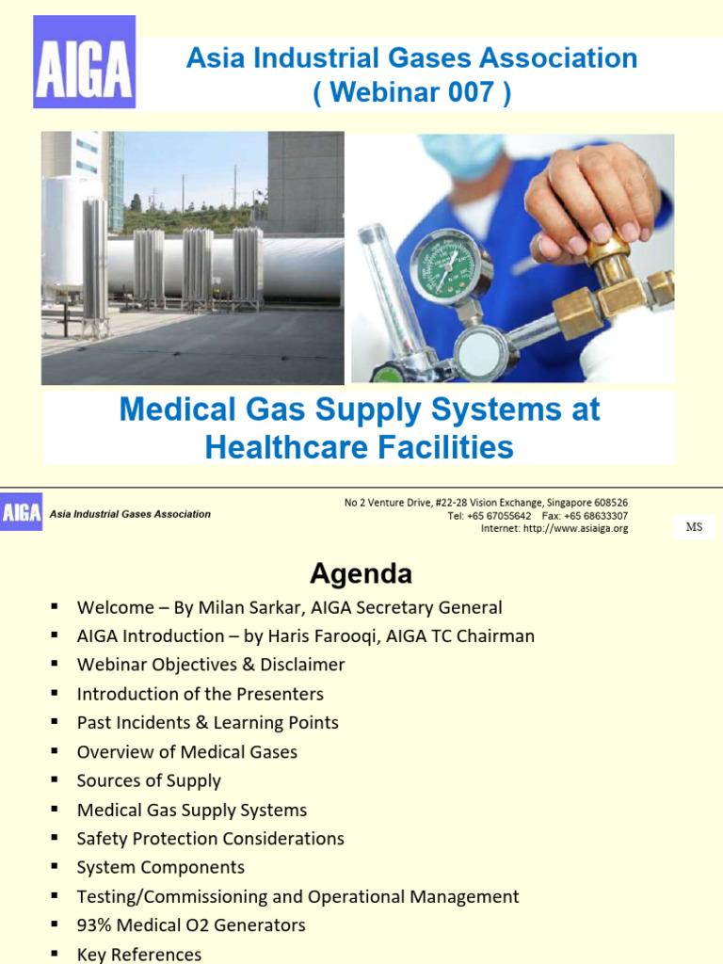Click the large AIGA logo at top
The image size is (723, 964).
coord(85,61)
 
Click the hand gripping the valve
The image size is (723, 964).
coord(589,198)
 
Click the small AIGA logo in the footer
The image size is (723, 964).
coord(21,513)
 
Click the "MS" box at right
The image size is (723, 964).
coord(694,527)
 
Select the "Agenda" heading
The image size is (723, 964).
coord(361,573)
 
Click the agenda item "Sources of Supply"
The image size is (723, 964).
coord(149,780)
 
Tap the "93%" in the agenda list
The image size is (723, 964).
coord(95,925)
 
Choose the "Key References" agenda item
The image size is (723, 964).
coord(139,954)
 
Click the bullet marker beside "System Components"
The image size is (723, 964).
coord(56,866)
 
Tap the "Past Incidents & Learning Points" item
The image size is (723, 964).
coord(207,723)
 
